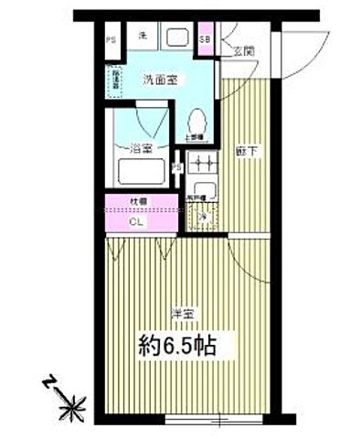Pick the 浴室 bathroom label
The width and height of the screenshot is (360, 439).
(x=140, y=146)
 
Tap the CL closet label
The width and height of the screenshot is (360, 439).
(x=135, y=220)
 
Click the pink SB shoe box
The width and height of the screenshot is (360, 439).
(x=206, y=40)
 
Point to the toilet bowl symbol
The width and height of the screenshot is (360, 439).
(x=196, y=120)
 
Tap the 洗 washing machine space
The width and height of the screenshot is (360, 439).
(x=142, y=37)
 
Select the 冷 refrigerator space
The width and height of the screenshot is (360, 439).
(x=203, y=217)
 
